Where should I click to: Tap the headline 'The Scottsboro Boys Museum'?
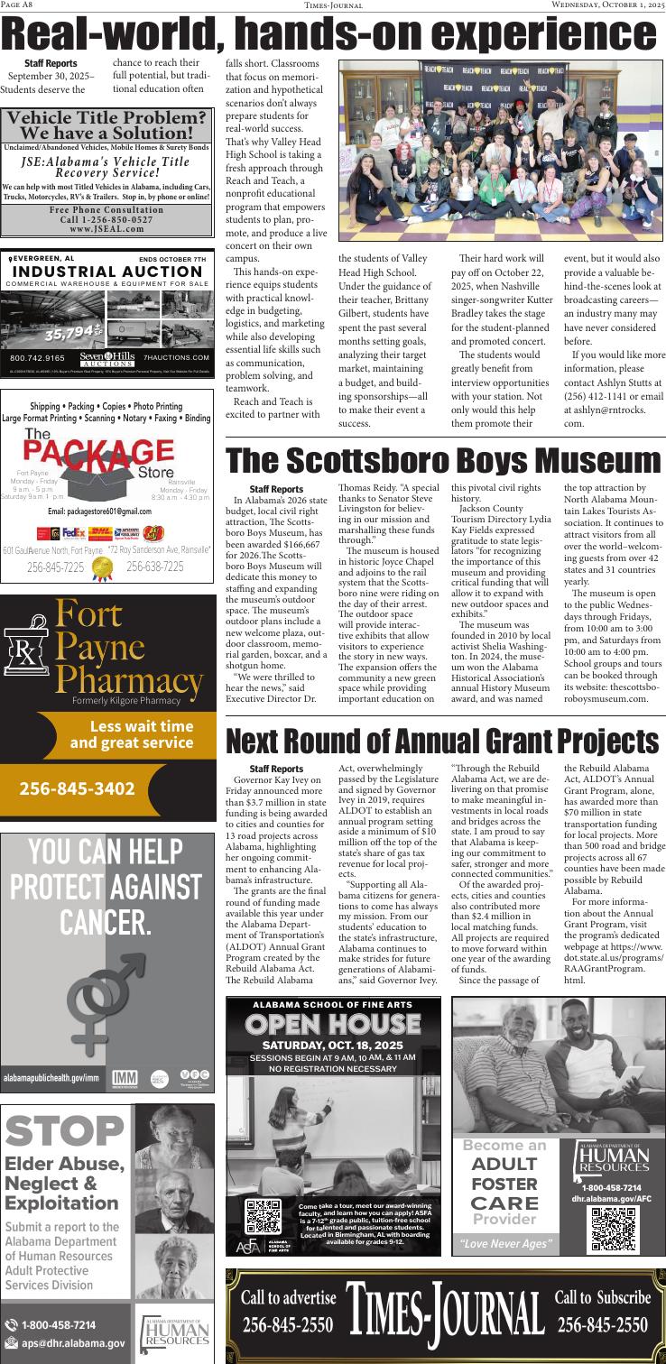[443, 461]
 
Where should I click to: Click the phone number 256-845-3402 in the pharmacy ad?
[77, 788]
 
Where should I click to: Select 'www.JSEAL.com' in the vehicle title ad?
[106, 229]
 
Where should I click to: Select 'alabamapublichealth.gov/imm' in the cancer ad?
[51, 1079]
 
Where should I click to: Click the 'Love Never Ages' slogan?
[504, 1245]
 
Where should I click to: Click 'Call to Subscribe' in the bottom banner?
[602, 1298]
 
